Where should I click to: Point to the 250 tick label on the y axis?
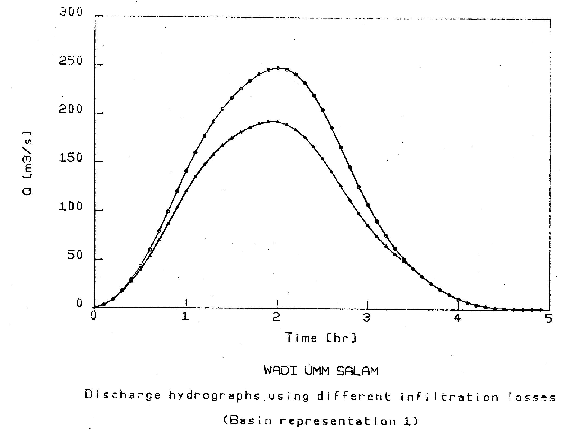(x=71, y=61)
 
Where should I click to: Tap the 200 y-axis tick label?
(x=71, y=109)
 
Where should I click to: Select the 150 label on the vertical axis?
(x=71, y=158)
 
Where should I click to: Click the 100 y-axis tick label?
(x=71, y=207)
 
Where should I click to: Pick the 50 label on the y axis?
(x=75, y=255)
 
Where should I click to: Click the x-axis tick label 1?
(x=186, y=317)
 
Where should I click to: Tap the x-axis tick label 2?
(x=276, y=317)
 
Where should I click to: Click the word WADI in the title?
(x=280, y=370)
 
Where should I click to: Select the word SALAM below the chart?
(x=357, y=371)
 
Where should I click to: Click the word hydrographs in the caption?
(x=214, y=396)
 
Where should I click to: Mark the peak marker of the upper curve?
(x=277, y=68)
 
